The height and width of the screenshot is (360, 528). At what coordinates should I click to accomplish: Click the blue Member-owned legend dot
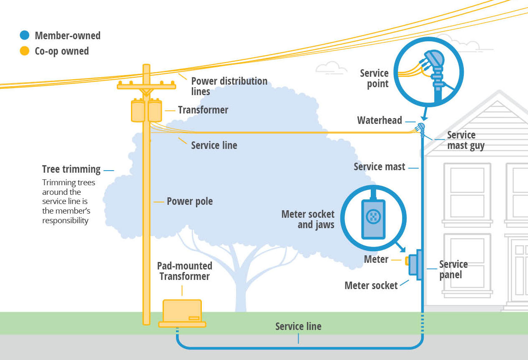tap(25, 35)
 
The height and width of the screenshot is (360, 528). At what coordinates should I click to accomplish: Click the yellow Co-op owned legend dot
tap(25, 51)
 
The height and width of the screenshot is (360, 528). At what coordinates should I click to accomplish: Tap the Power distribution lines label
tap(229, 86)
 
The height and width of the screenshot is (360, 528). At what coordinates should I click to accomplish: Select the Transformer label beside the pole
tap(203, 110)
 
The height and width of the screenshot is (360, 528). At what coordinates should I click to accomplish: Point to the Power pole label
tap(190, 201)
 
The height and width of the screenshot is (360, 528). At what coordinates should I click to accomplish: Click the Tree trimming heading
tap(71, 169)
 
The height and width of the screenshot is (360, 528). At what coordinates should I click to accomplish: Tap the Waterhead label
tap(380, 121)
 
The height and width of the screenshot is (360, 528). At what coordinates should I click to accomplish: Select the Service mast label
tap(379, 167)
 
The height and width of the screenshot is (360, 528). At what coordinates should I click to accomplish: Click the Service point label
tap(374, 78)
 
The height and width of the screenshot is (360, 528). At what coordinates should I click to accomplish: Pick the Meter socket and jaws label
tap(308, 219)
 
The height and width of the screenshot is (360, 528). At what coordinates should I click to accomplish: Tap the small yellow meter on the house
tap(407, 261)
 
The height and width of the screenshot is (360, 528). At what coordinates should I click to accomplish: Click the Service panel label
tap(453, 269)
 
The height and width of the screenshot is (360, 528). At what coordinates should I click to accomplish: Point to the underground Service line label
tap(298, 326)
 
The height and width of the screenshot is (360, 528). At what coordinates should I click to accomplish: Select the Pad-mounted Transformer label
tap(184, 271)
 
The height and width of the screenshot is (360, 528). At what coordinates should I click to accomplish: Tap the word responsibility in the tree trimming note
tap(65, 220)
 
